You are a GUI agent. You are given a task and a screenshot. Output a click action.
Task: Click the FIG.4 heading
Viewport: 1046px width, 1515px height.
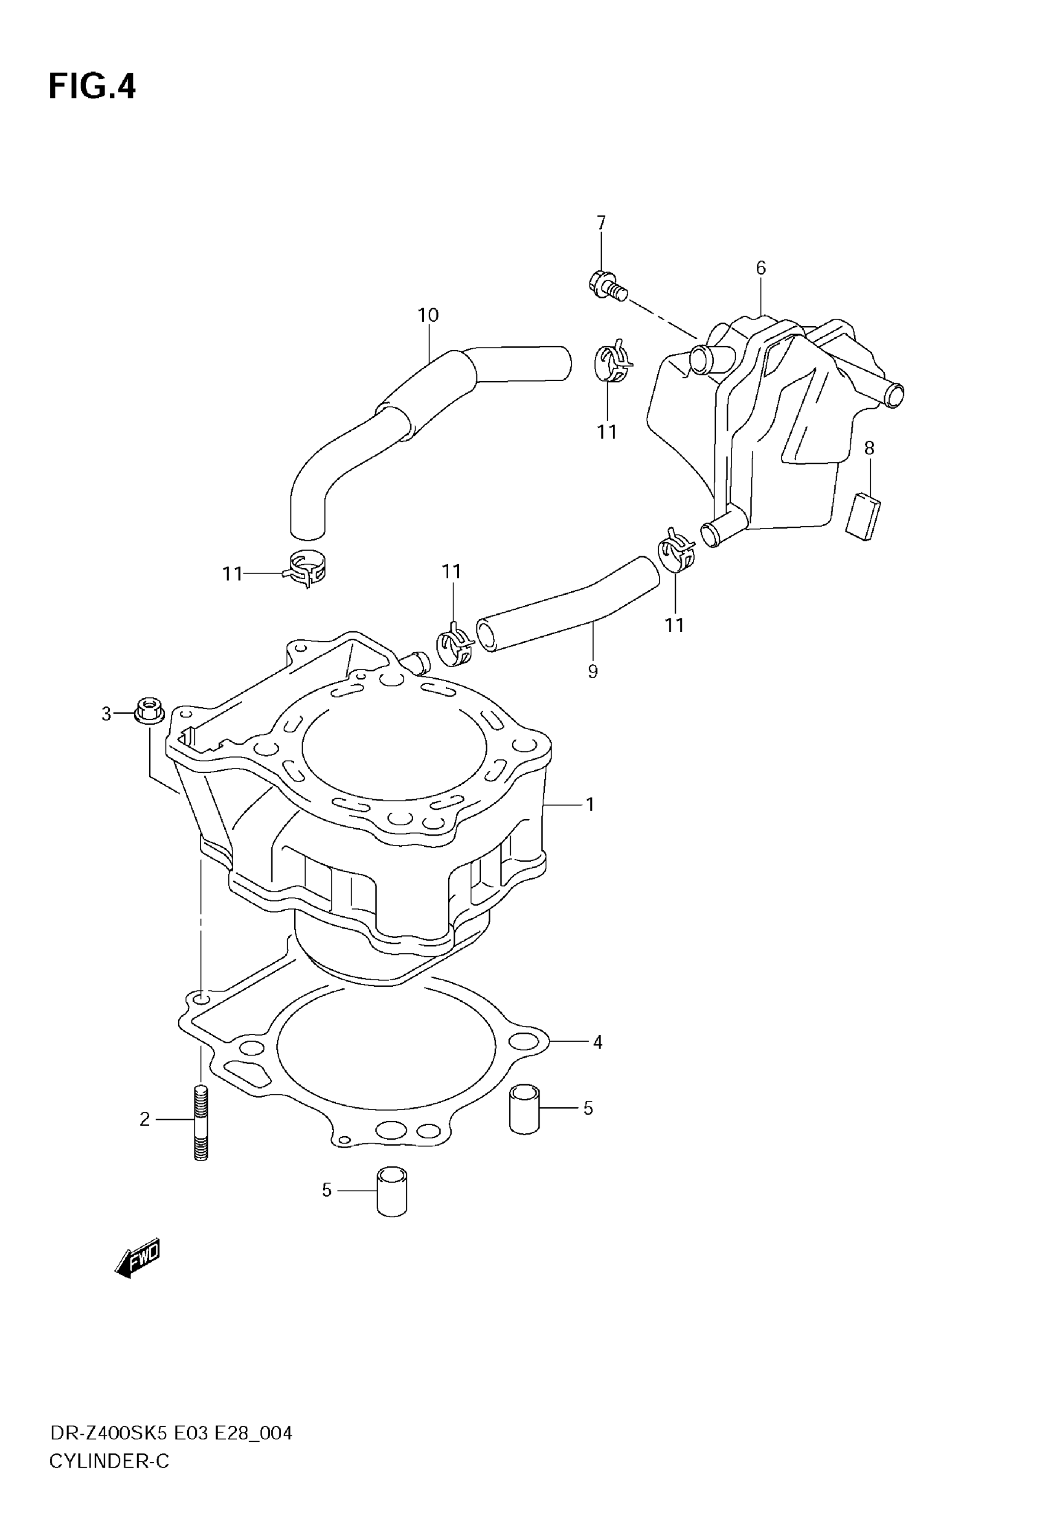[92, 87]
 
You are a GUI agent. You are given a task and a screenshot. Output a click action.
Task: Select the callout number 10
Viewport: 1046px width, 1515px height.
[428, 315]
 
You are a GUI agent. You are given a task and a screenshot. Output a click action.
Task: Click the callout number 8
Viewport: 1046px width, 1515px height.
[869, 448]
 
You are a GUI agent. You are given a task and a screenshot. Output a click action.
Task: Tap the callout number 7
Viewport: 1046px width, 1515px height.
[601, 223]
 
